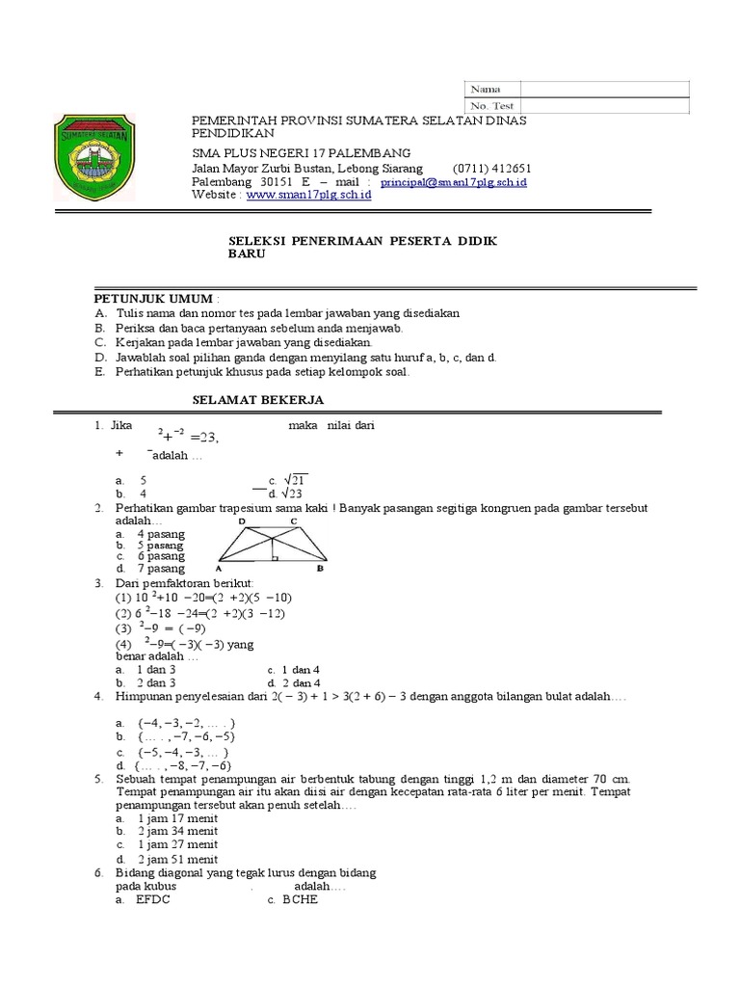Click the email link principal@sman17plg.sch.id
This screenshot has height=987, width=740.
[453, 181]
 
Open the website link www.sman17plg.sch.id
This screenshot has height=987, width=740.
[308, 195]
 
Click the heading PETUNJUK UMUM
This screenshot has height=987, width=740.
[154, 300]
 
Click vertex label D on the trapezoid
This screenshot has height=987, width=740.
[242, 521]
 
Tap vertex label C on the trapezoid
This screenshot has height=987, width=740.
[294, 521]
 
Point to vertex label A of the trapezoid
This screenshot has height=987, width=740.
[219, 569]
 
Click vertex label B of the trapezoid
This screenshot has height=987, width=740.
[320, 569]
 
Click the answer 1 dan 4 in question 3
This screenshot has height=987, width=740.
[300, 669]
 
